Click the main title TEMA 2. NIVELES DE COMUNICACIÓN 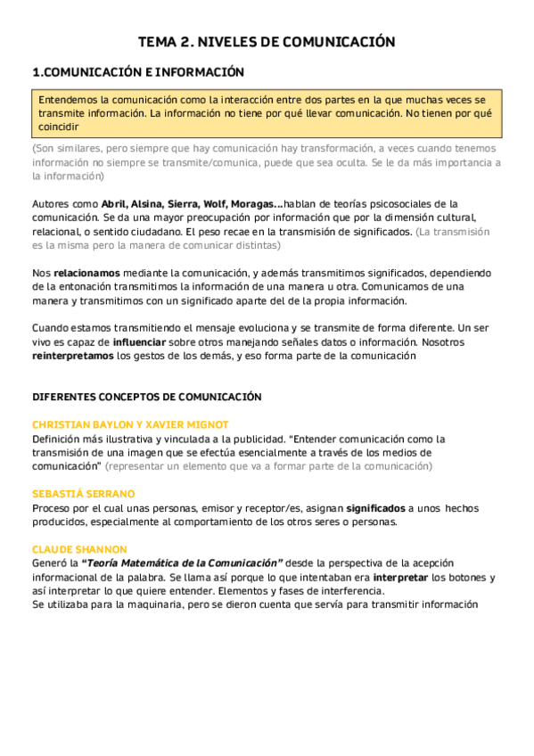click(267, 42)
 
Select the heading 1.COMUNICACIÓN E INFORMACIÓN click(137, 72)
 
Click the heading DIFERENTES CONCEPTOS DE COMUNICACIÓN click(147, 397)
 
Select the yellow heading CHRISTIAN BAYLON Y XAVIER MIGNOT click(130, 425)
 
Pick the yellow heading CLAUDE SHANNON click(79, 549)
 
